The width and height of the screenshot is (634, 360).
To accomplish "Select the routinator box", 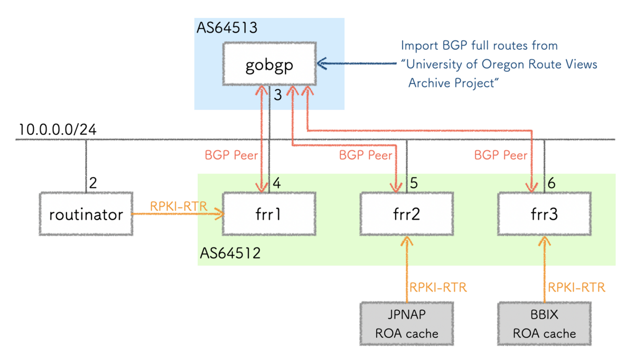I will coord(86,215).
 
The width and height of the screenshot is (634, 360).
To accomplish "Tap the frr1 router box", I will coord(269,215).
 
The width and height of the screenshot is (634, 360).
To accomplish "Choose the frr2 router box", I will coord(407,215).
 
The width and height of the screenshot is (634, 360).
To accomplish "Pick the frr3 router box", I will coord(544,215).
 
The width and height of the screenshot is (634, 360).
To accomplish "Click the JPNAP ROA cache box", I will coord(407,324).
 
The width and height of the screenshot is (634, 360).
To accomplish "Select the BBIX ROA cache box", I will coord(544,324).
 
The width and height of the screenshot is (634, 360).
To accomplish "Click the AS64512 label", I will coord(230,253).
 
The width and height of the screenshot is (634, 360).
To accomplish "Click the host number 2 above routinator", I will coord(93,184).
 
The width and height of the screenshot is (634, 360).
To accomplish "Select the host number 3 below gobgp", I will coord(277,95).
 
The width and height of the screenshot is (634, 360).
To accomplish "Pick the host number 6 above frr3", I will coord(552,184).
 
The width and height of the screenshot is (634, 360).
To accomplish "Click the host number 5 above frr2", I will coord(414,184).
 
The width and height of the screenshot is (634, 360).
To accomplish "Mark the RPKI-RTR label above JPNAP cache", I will coord(439,288).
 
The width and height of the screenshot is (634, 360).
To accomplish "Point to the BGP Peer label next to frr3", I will coord(500,155).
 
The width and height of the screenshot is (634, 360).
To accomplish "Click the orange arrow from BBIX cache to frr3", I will coord(544,270).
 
